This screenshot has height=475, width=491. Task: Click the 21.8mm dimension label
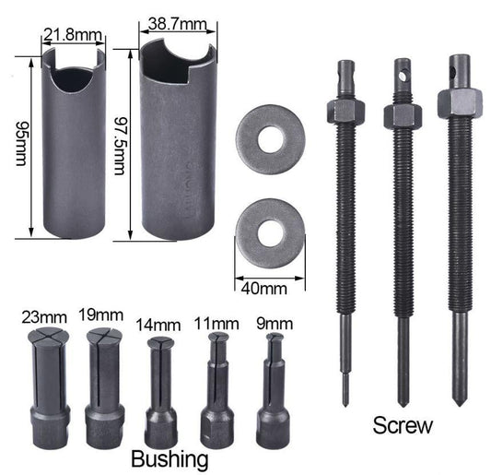[72, 36]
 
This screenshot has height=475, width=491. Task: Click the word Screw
[403, 426]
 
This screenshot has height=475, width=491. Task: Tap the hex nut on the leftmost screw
[345, 111]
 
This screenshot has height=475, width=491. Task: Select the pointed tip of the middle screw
[402, 398]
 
